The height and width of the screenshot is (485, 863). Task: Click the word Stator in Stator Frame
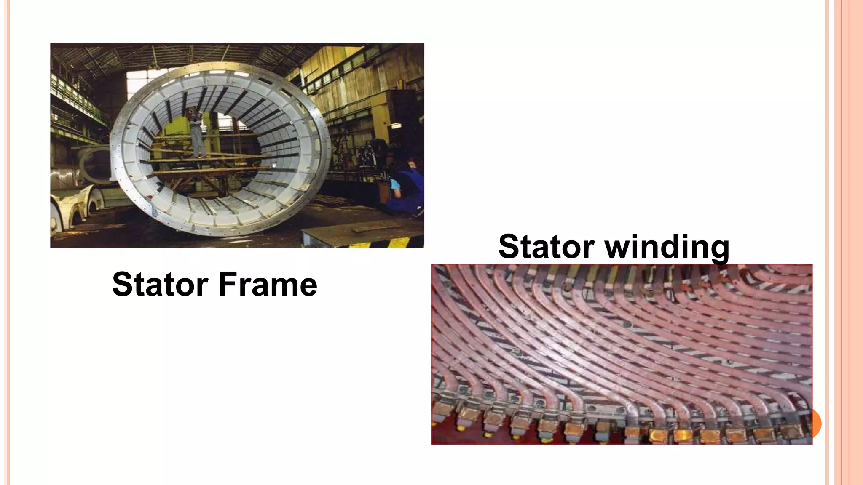[160, 284]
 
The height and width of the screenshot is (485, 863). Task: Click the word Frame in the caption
[268, 284]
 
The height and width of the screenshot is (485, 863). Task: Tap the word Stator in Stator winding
[546, 247]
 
